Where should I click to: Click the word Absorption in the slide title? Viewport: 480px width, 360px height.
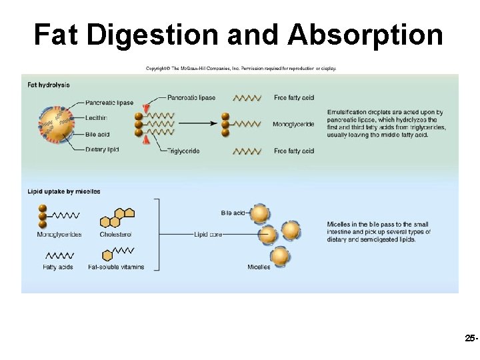coord(365,35)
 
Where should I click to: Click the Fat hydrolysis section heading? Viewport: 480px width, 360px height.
coord(49,85)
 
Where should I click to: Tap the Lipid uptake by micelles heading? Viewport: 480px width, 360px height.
coord(64,191)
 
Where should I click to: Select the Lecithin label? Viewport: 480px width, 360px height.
coord(97,118)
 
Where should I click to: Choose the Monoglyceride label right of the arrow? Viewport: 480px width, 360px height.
coord(293,124)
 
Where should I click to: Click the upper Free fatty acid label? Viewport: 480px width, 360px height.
coord(294,98)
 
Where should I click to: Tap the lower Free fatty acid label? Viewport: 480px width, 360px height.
coord(294,151)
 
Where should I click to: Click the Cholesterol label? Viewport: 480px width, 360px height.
coord(116,235)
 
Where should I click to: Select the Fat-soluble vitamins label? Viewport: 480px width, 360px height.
coord(116,267)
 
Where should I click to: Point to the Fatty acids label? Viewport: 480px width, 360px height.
coord(58,267)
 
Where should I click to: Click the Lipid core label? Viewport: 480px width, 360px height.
coord(208,235)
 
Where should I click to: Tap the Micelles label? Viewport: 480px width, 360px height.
coord(259,267)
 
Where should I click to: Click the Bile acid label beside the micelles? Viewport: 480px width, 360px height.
coord(234,213)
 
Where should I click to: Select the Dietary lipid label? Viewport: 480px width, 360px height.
coord(102,150)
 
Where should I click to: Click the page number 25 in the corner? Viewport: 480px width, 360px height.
coord(469,339)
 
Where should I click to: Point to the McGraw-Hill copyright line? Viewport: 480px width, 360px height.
coord(241,68)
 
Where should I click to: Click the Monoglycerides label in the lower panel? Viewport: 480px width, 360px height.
coord(59,235)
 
